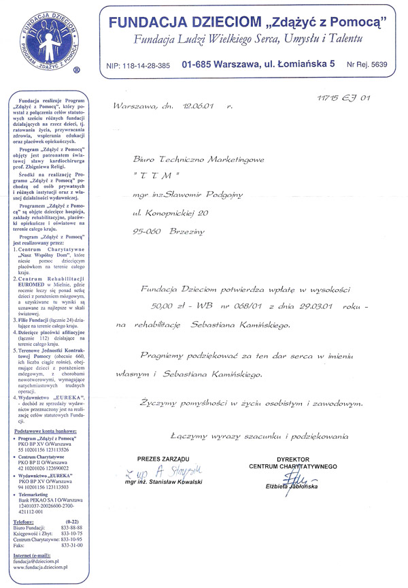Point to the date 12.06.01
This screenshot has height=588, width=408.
pos(197,107)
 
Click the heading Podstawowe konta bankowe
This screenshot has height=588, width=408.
pos(46,450)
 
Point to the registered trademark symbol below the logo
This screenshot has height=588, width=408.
pos(76,70)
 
